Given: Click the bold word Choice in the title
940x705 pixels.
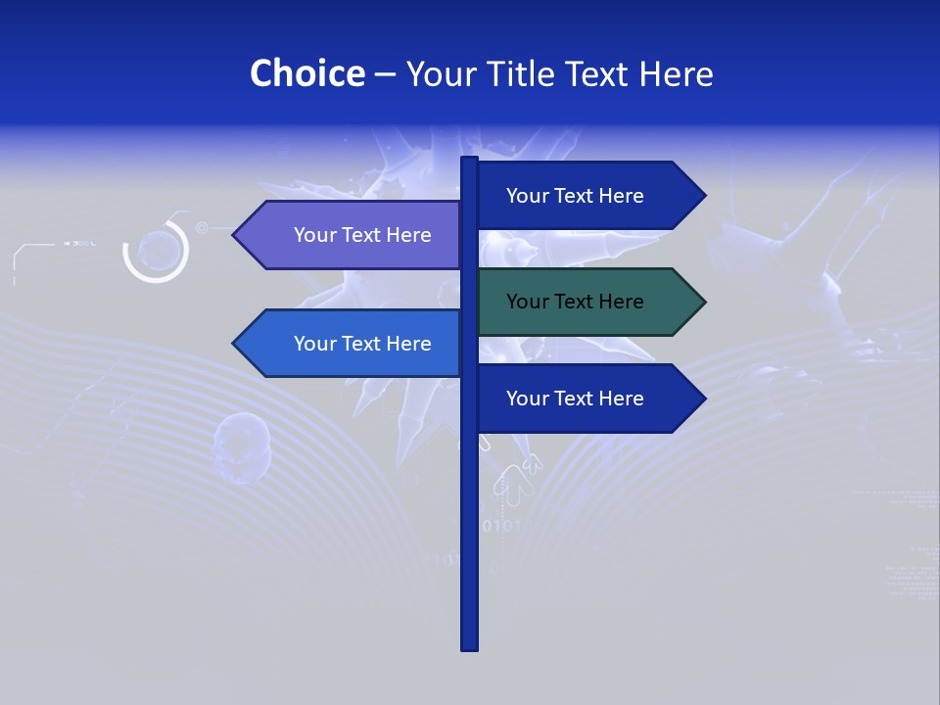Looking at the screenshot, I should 306,73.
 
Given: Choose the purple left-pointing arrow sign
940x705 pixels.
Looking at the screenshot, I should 352,235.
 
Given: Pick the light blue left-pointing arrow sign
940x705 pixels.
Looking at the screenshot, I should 352,344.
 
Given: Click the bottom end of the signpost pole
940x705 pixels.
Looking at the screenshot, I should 469,647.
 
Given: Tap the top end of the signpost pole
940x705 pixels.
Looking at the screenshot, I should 469,160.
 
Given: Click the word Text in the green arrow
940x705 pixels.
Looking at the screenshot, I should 576,302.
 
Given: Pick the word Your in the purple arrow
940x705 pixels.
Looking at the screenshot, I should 314,235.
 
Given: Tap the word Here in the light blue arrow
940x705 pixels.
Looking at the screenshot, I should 409,344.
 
